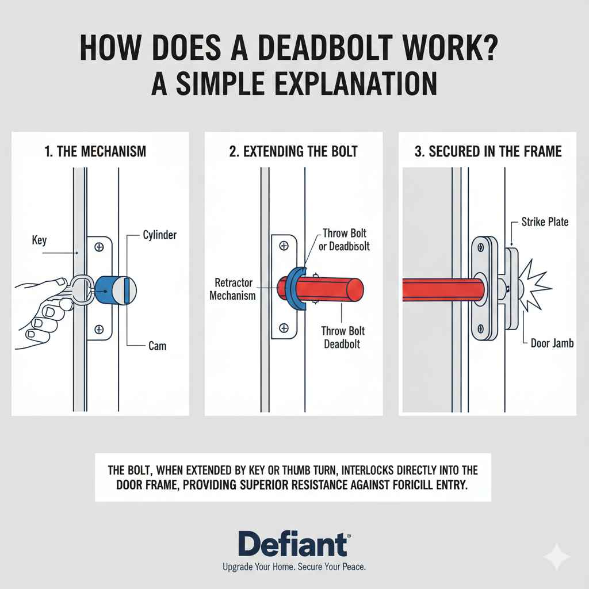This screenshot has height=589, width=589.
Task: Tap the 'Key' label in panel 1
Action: point(39,239)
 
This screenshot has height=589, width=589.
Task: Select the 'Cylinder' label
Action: point(160,235)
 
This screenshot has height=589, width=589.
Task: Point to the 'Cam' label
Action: point(158,346)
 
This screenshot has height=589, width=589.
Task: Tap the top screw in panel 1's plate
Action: point(99,247)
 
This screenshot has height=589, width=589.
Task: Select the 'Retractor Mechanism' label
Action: point(233,289)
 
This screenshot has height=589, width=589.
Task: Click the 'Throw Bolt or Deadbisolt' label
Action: point(345,240)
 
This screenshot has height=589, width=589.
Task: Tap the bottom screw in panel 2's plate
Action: point(283,328)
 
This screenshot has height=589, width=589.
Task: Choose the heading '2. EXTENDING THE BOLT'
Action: point(293,152)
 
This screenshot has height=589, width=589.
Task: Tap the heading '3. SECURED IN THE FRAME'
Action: point(488,152)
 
